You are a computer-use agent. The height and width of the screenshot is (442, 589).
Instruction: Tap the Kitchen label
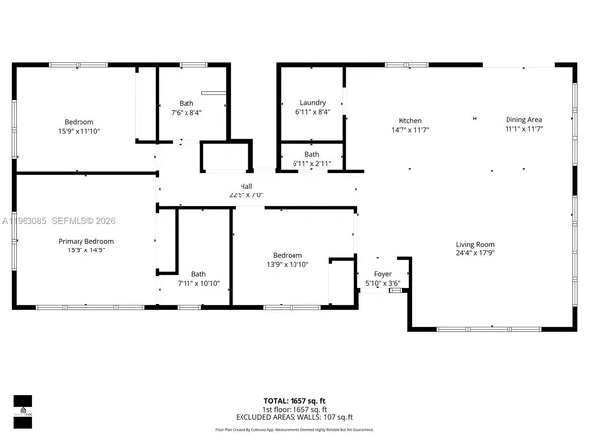tap(409, 120)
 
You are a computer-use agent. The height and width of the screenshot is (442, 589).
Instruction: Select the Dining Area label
tap(523, 120)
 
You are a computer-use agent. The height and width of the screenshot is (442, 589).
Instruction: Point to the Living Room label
tap(474, 244)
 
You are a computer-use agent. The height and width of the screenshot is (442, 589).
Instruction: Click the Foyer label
tap(382, 275)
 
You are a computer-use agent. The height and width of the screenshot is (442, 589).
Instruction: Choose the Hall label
tap(246, 186)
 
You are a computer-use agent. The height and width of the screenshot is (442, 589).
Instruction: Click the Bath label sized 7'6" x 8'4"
tap(187, 103)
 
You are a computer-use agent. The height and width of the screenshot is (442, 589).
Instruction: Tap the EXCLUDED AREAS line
tap(294, 418)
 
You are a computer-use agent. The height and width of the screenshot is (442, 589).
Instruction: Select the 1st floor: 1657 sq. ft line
tap(294, 412)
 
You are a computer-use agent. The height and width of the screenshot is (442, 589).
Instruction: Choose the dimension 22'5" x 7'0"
tap(246, 194)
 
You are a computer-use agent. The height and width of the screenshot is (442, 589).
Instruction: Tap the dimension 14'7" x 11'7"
tap(409, 129)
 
